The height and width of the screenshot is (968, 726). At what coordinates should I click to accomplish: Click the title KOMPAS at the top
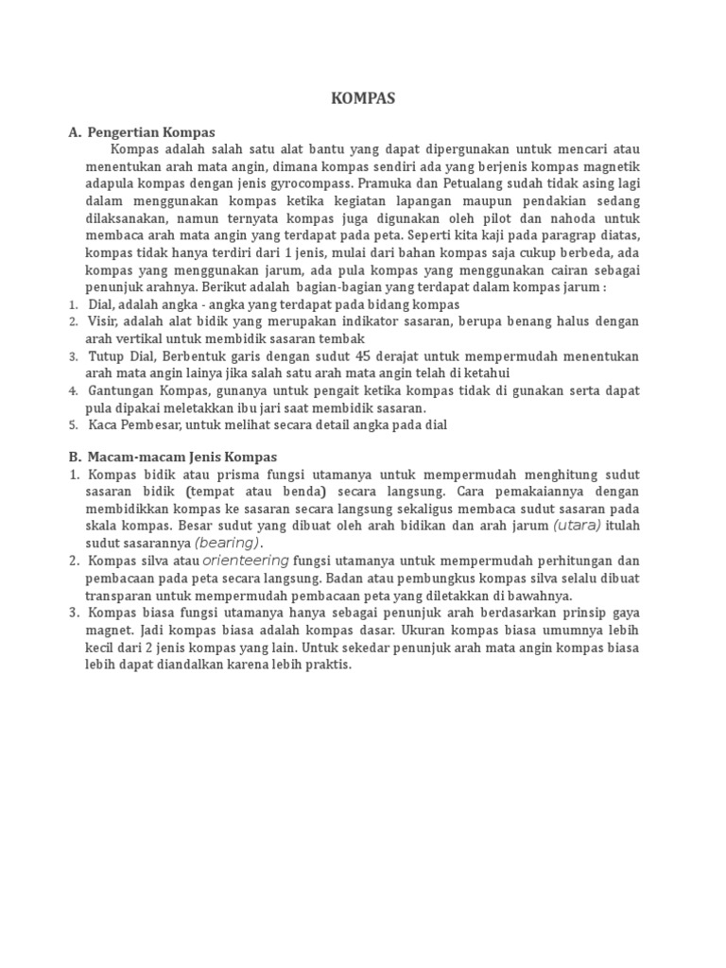point(362,98)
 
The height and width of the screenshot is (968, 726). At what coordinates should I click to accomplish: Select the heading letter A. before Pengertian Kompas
point(75,132)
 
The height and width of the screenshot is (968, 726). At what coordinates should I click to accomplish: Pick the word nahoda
point(574,218)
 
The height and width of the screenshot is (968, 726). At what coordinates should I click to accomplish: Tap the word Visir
point(105,321)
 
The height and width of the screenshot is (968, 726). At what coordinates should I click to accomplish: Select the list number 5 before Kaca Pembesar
point(73,425)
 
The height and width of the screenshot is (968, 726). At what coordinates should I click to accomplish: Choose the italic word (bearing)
point(227,543)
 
